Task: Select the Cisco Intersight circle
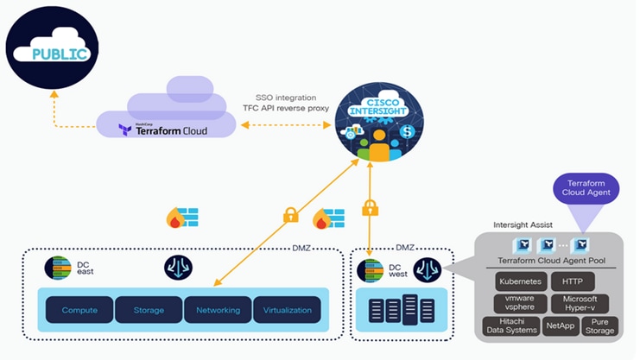point(373,123)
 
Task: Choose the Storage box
point(149,310)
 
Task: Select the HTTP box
point(578,282)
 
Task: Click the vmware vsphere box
point(520,303)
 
